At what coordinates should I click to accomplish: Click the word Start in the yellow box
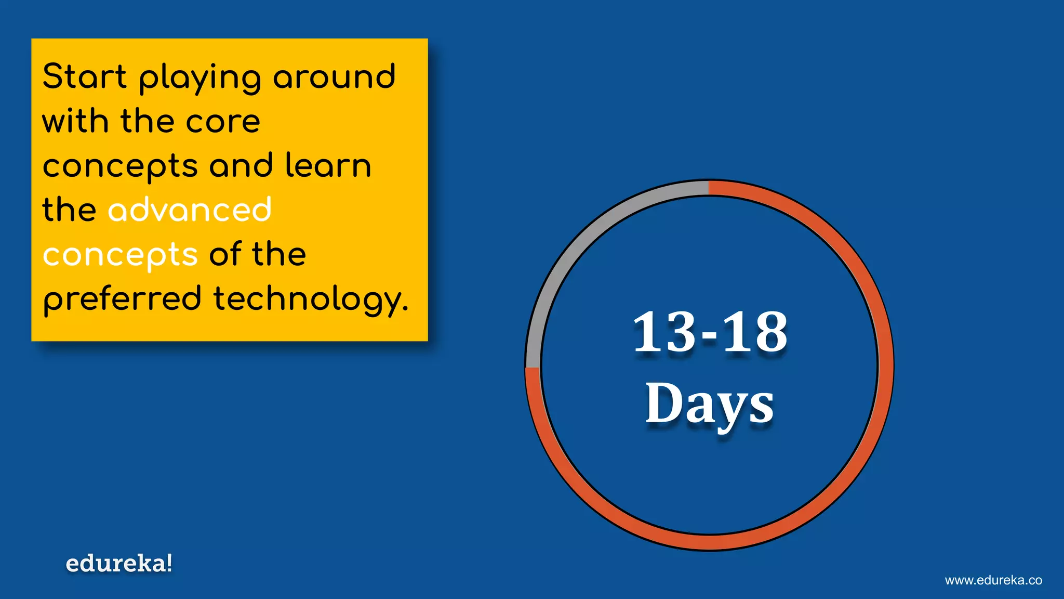[84, 76]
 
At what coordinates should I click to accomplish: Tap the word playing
[200, 78]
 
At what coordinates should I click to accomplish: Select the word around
[334, 76]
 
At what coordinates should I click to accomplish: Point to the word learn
[328, 165]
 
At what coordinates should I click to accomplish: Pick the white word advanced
[190, 210]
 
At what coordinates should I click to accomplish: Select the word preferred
[122, 300]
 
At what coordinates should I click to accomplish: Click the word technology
[310, 300]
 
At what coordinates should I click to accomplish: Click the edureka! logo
[119, 564]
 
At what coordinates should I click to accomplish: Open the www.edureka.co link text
[993, 580]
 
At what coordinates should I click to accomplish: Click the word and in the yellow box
[241, 165]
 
